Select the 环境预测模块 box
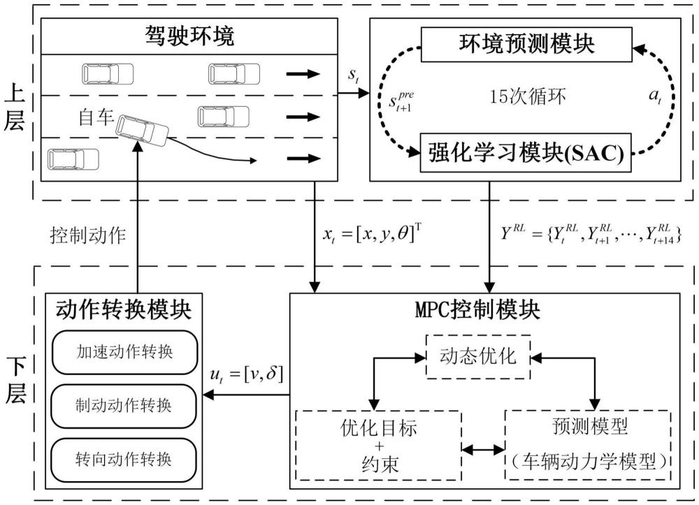(526, 45)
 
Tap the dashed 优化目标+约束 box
(378, 446)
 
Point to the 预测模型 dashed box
(587, 444)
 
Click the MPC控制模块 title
(485, 308)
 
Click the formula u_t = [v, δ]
(247, 375)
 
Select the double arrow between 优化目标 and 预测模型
(483, 448)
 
